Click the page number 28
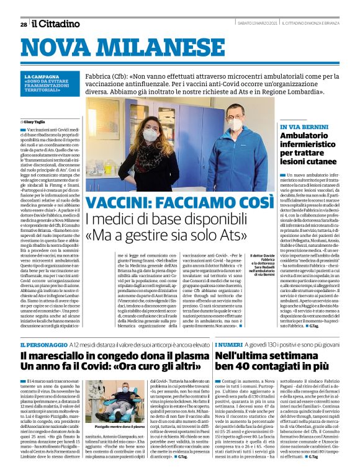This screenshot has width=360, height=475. [24, 24]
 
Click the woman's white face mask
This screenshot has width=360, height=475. [150, 135]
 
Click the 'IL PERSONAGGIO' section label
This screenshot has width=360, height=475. [42, 344]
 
